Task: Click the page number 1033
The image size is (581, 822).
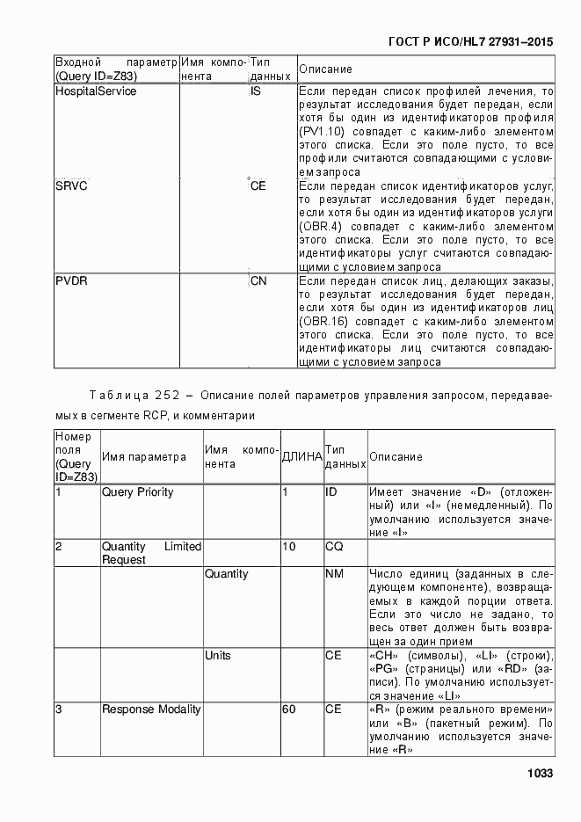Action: pyautogui.click(x=539, y=774)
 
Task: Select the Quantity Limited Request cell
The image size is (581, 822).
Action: pyautogui.click(x=151, y=553)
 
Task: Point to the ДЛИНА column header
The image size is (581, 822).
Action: pyautogui.click(x=301, y=457)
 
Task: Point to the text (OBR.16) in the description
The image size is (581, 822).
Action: pyautogui.click(x=323, y=322)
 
